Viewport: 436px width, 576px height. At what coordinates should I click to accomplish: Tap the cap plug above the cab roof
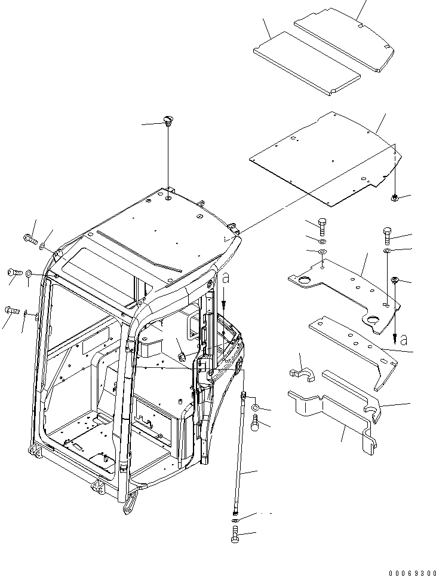(167, 122)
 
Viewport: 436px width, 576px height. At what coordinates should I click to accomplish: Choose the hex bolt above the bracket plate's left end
(322, 226)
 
